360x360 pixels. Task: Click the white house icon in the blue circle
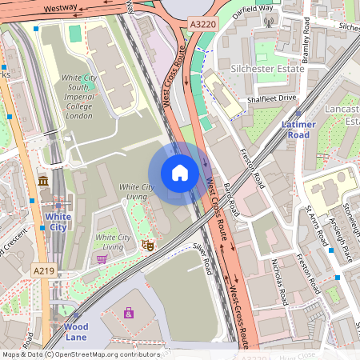[179, 172]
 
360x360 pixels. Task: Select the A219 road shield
[44, 271]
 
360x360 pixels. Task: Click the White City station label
[57, 222]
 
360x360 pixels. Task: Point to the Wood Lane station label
[76, 332]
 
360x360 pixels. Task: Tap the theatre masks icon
[147, 245]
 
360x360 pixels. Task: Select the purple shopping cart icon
[102, 259]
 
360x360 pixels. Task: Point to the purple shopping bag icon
[129, 313]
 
